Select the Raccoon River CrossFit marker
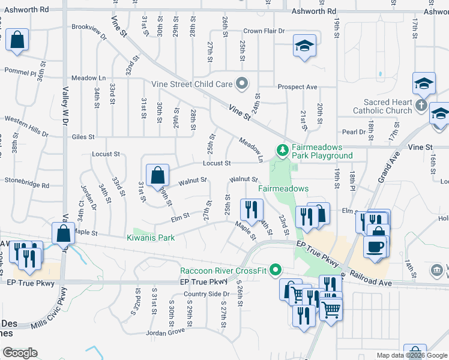276,270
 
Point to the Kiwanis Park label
151,238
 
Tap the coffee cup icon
375,247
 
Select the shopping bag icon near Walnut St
157,176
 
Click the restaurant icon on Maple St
250,209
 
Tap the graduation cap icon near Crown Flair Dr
304,45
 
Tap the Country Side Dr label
206,294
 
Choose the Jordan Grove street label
164,332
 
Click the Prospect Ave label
297,87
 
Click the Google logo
20,353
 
